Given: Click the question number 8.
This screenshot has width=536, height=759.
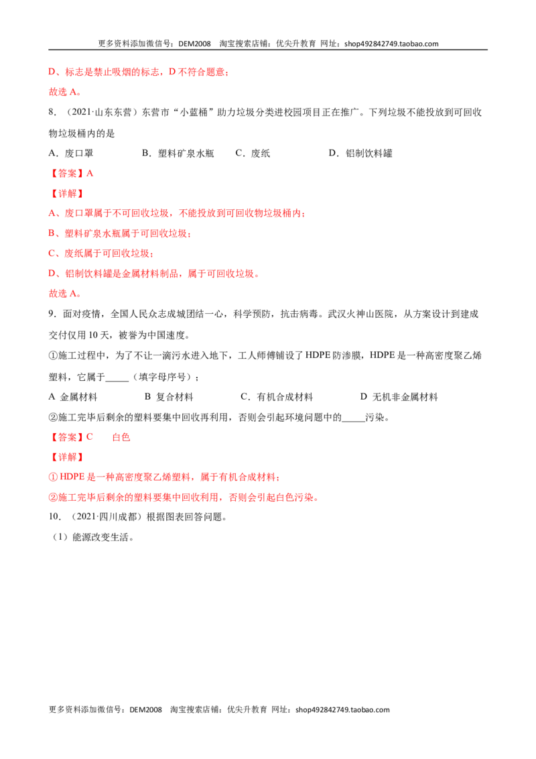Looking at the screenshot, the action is pos(52,112).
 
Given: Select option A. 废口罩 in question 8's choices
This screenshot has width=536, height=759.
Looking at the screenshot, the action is pos(71,154).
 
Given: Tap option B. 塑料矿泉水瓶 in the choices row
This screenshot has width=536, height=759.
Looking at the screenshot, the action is pos(178,154).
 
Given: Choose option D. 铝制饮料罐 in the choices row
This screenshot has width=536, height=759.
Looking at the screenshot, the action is pos(360,154).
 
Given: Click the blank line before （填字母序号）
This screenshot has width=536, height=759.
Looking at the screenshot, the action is pos(117,380).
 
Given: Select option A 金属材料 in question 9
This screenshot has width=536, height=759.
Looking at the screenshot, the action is pos(73,398).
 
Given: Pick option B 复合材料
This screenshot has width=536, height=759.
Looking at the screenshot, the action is pos(169,398).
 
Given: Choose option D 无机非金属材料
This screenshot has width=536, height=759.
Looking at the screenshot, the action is pos(399,398).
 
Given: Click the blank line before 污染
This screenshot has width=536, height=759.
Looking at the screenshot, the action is pos(353,421).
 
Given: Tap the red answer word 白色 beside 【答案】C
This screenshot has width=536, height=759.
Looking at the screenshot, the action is pos(121,437).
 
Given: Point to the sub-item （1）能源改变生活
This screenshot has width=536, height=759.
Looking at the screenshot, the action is pos(91,537).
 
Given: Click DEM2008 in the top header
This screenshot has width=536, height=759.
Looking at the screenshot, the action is pos(194,44).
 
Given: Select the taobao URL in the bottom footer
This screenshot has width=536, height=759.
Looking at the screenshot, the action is pos(342,709).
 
